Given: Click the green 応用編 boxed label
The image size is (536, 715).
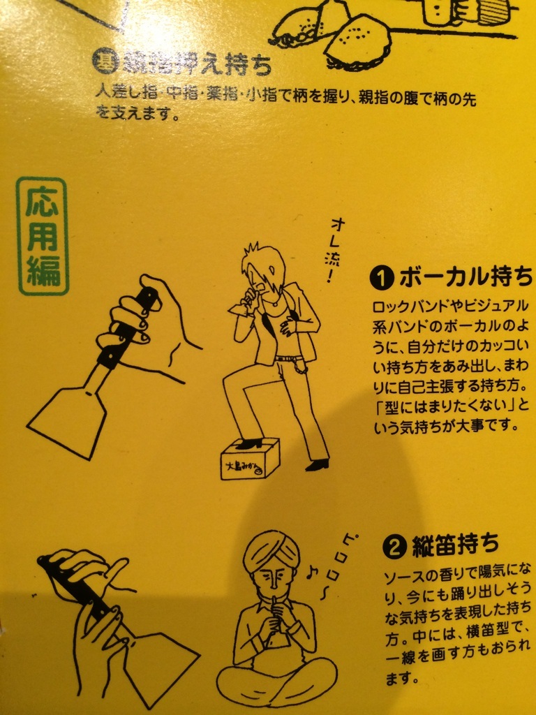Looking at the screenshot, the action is click(x=43, y=236).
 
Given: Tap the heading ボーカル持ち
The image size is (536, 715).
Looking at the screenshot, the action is click(x=466, y=277).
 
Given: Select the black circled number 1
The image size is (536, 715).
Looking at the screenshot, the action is click(x=382, y=278).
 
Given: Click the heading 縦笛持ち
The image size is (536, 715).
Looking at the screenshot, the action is click(x=455, y=545).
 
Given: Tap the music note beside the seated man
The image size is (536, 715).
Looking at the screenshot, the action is click(x=313, y=570).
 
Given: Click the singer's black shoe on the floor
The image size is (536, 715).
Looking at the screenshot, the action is click(x=318, y=464).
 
